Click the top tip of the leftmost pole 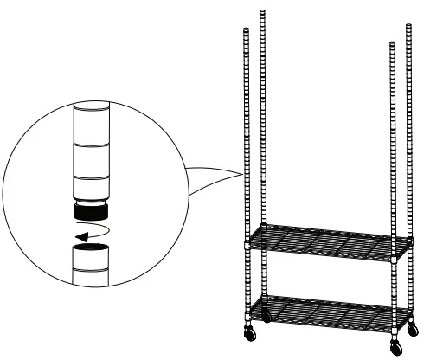[246, 29]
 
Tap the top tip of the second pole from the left [261, 12]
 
